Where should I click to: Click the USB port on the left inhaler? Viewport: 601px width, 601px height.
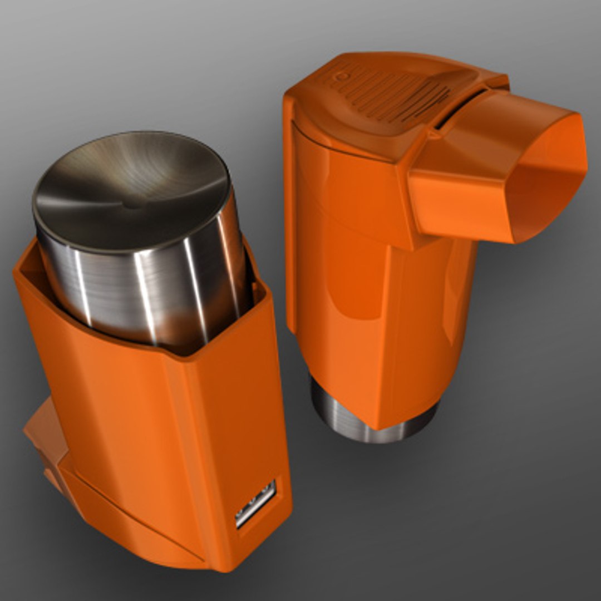tap(255, 503)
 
